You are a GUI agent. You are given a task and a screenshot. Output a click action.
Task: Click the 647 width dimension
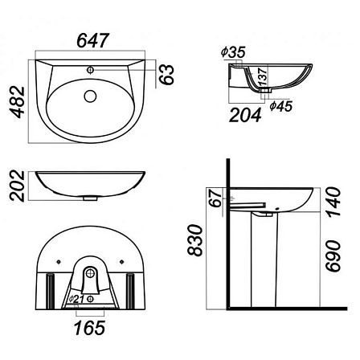point(93,41)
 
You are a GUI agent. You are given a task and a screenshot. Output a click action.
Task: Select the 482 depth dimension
point(18,102)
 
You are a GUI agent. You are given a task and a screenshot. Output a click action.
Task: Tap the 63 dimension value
point(166,75)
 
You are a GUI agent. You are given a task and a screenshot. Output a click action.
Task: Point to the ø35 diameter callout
point(233,52)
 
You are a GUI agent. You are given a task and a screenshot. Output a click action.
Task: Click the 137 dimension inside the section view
point(263,76)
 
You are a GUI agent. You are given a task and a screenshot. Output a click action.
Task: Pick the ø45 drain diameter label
point(281,106)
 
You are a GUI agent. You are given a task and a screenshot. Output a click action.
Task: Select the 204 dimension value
point(245,115)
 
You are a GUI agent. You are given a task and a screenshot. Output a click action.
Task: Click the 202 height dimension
point(18,186)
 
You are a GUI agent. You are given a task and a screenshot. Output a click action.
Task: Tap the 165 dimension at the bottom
point(90,328)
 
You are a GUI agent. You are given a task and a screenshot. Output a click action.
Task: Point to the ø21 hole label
point(76,299)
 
